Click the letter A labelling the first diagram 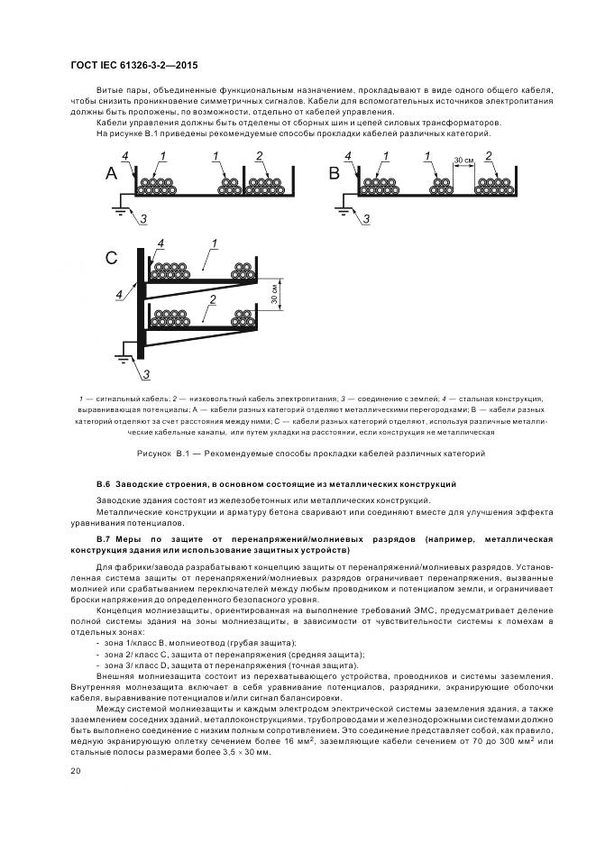[111, 174]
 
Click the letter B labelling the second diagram [334, 174]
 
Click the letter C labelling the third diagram [111, 259]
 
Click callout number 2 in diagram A [259, 157]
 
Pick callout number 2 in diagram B [489, 156]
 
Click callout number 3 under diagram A [140, 219]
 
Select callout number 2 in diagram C [211, 298]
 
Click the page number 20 [76, 771]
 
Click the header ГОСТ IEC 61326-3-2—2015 [133, 66]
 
